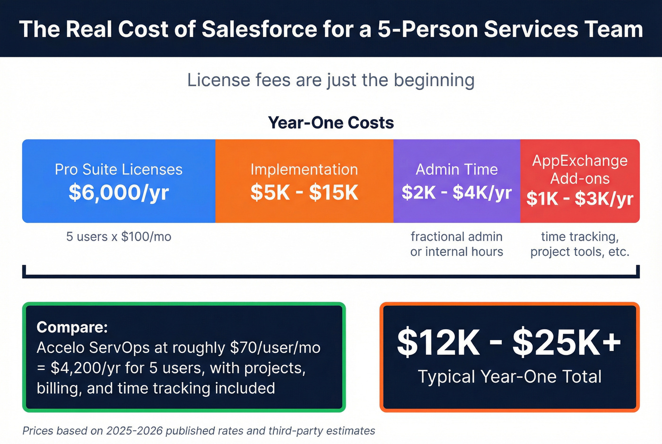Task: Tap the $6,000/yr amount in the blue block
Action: (119, 192)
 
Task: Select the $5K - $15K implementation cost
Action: (304, 192)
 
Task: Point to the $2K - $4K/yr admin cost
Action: (456, 192)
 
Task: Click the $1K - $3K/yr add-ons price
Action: (580, 199)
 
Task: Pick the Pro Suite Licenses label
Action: (119, 169)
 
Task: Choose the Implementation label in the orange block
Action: (304, 169)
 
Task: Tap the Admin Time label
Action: (456, 169)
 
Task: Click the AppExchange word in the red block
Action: (580, 161)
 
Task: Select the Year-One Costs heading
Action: (331, 123)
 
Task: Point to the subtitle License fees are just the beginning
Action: (331, 80)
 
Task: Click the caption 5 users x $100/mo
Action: (119, 236)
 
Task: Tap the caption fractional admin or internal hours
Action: (456, 244)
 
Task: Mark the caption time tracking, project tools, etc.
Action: (580, 244)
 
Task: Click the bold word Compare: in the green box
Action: (72, 327)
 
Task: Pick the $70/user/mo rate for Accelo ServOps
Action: (275, 348)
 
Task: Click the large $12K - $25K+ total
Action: (509, 342)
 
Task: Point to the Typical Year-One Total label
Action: (509, 377)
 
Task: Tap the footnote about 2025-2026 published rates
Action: (199, 431)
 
